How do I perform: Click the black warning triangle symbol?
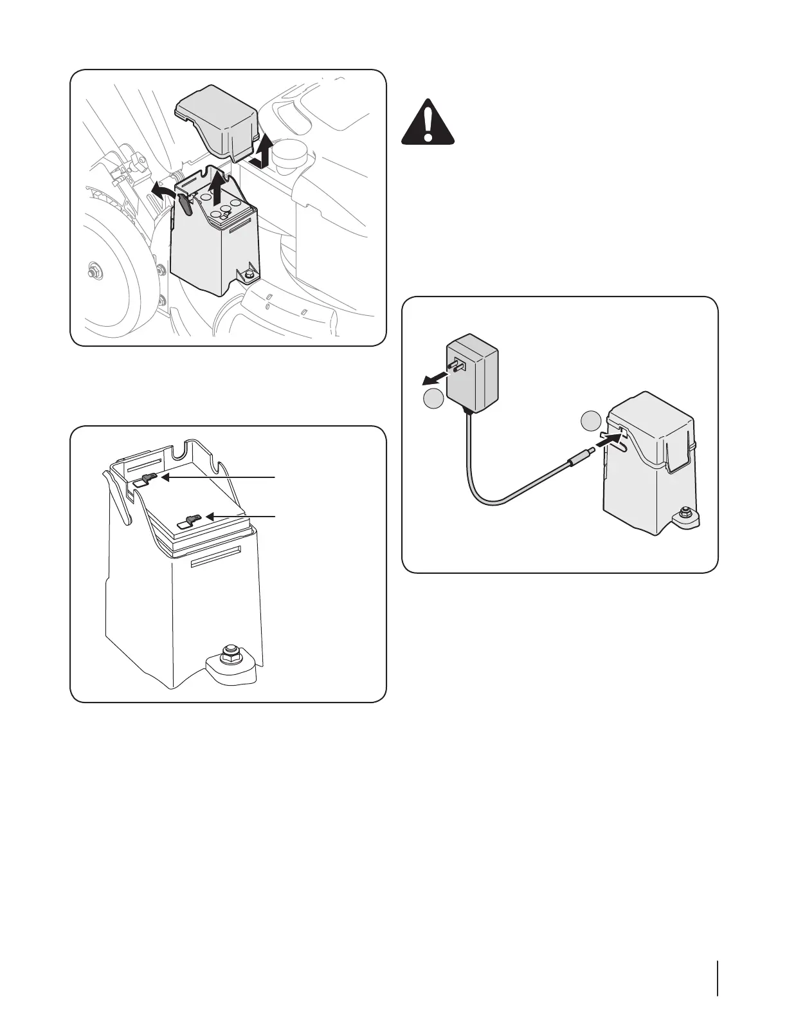428,124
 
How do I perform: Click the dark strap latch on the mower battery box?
185,204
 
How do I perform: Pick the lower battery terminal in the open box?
192,518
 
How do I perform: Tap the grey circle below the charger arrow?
433,399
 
